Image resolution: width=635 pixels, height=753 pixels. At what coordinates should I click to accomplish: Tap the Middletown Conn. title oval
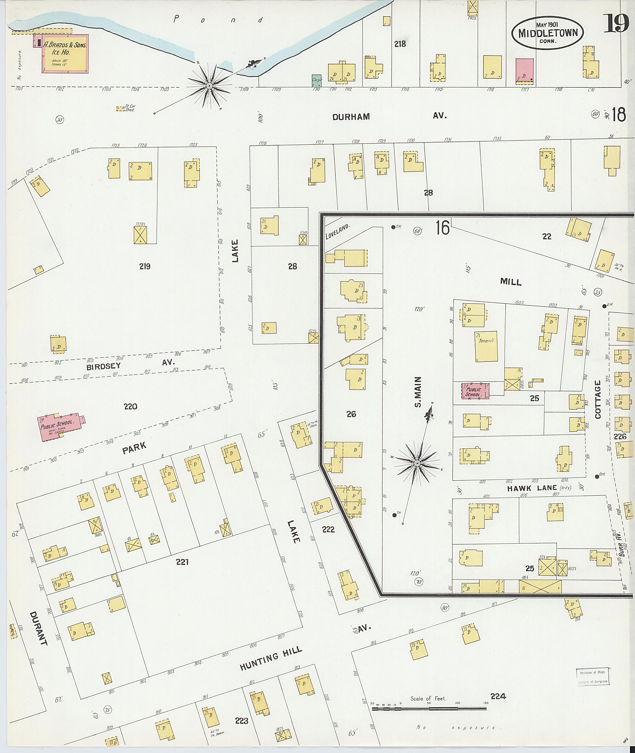tap(548, 33)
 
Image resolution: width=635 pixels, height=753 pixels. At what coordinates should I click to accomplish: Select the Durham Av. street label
tap(389, 117)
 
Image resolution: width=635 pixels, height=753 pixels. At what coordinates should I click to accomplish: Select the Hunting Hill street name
tap(271, 661)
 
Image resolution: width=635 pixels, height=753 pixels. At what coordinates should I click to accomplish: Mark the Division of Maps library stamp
tap(593, 677)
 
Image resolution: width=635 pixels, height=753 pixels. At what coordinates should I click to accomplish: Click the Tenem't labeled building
tap(486, 346)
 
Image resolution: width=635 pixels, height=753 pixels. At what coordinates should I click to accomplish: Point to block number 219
tap(145, 266)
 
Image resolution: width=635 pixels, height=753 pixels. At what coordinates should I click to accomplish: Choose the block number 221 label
tap(183, 561)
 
